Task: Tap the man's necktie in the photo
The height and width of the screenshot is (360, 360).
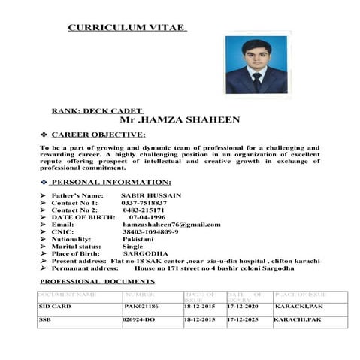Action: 256,80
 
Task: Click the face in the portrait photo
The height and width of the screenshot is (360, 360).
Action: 255,53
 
